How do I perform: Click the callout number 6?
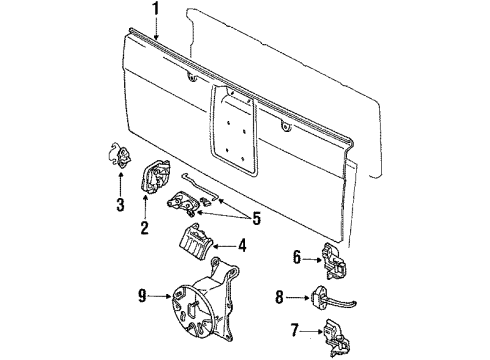[297, 257]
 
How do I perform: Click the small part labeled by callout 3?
[122, 155]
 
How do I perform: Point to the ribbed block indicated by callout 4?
[196, 241]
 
